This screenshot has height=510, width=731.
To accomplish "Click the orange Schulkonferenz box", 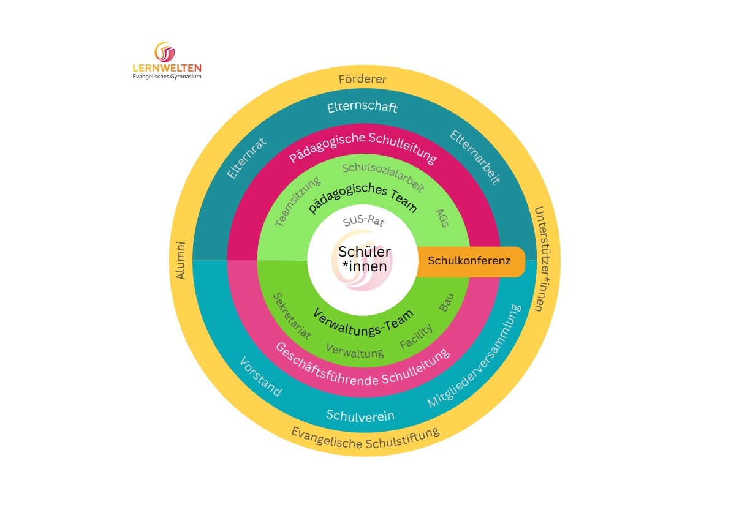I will tap(469, 261).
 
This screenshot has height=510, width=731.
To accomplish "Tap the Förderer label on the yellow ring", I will tap(363, 80).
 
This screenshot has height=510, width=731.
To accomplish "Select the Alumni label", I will tap(181, 260).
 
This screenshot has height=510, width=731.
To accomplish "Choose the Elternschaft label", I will tap(362, 108).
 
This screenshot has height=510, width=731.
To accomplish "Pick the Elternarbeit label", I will tap(475, 157).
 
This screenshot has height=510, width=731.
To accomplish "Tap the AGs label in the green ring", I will tap(442, 217).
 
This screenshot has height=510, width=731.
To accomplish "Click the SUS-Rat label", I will tap(363, 220).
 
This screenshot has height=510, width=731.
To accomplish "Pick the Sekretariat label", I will tap(291, 315).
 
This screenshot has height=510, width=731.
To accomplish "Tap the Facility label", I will tap(416, 336).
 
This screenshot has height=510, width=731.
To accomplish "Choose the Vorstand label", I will tap(260, 376).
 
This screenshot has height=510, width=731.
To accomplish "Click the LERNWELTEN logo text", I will tap(167, 68).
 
